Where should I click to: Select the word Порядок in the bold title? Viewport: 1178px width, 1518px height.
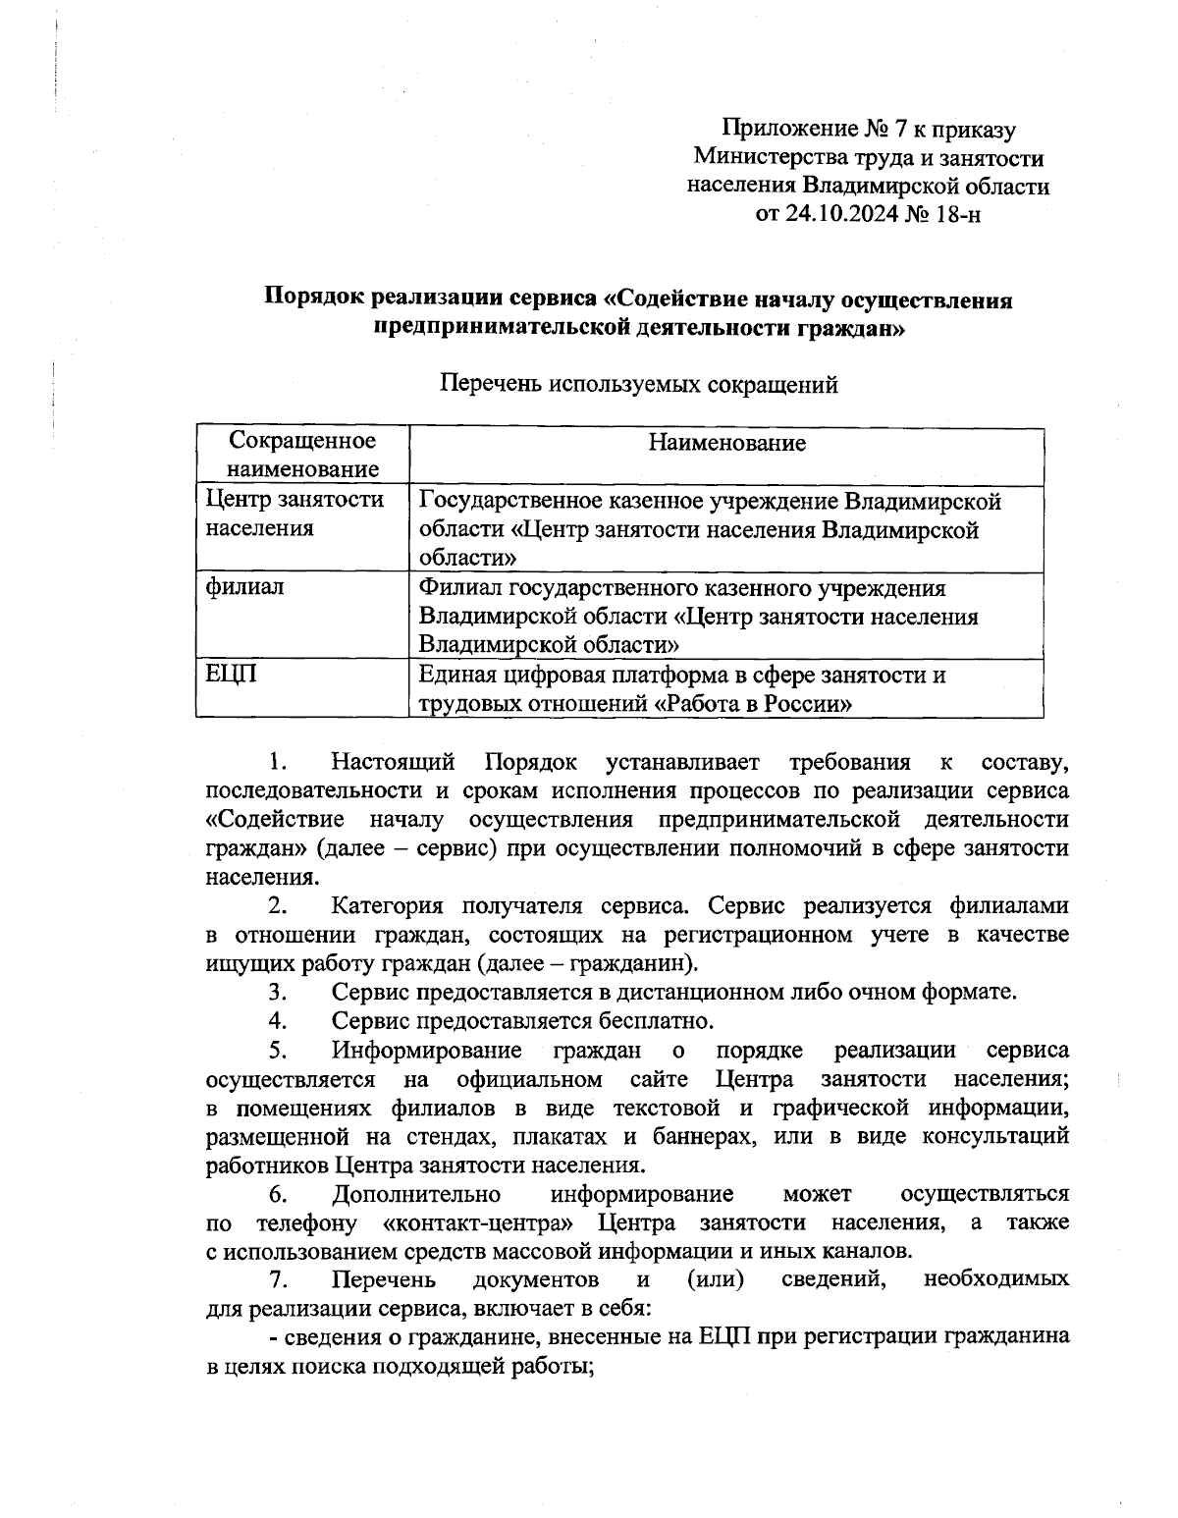(317, 299)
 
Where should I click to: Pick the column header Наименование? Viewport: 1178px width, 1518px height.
(726, 444)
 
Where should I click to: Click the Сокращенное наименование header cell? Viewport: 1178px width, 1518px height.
(302, 456)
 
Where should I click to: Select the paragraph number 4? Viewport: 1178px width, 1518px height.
(278, 1020)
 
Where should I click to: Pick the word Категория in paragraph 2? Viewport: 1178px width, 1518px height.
(388, 905)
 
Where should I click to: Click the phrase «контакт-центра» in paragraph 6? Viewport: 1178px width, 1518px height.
(475, 1223)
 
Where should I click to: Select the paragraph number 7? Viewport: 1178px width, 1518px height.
(278, 1280)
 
